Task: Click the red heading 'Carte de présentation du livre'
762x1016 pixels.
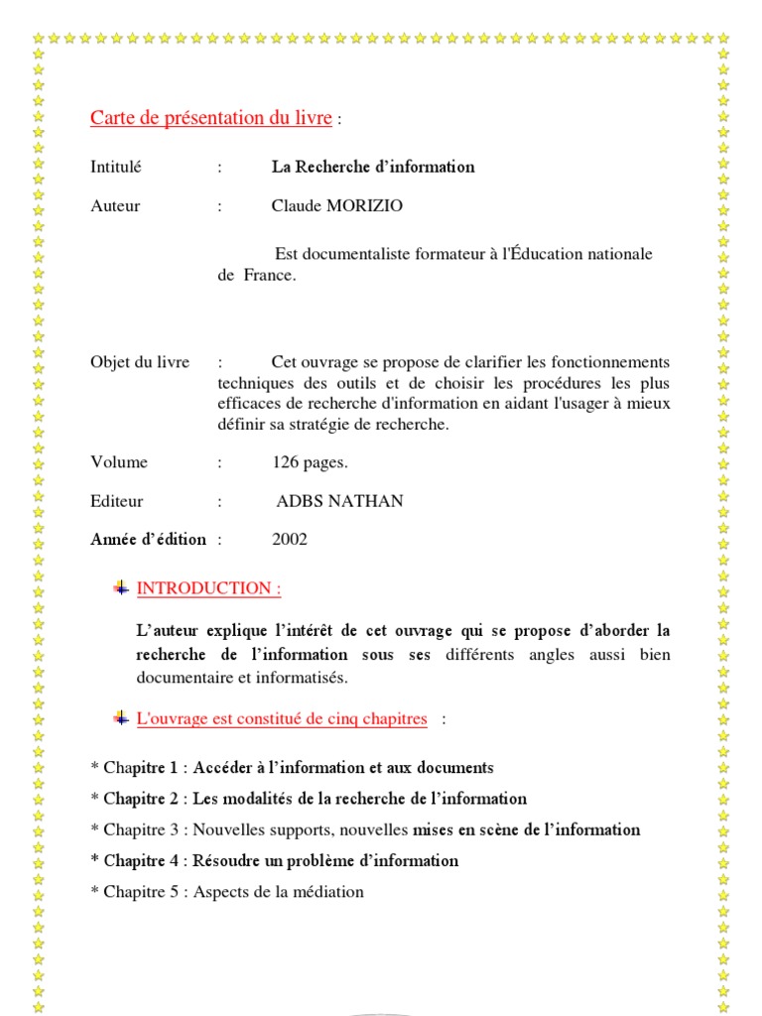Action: [x=210, y=118]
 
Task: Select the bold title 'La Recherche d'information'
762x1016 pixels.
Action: [x=373, y=167]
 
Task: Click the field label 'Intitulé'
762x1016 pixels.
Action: [x=116, y=167]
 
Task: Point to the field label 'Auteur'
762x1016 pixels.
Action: [x=115, y=206]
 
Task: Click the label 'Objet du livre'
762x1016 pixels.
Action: [x=140, y=362]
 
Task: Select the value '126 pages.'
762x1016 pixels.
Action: [x=310, y=462]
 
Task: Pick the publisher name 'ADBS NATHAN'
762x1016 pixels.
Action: [x=339, y=501]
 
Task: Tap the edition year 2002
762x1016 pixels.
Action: [x=290, y=540]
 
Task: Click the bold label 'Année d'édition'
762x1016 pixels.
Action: [x=148, y=540]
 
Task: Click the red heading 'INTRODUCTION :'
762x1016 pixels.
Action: [x=208, y=588]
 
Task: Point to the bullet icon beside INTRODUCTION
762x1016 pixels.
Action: [x=121, y=588]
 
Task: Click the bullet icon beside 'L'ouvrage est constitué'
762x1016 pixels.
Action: [x=121, y=718]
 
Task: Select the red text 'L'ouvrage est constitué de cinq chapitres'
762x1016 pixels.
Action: [x=282, y=719]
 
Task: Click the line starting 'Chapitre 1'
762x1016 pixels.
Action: [x=292, y=768]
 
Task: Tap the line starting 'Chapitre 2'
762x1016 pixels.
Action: [x=309, y=799]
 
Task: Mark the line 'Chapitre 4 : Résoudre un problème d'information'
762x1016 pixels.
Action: [x=274, y=860]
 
